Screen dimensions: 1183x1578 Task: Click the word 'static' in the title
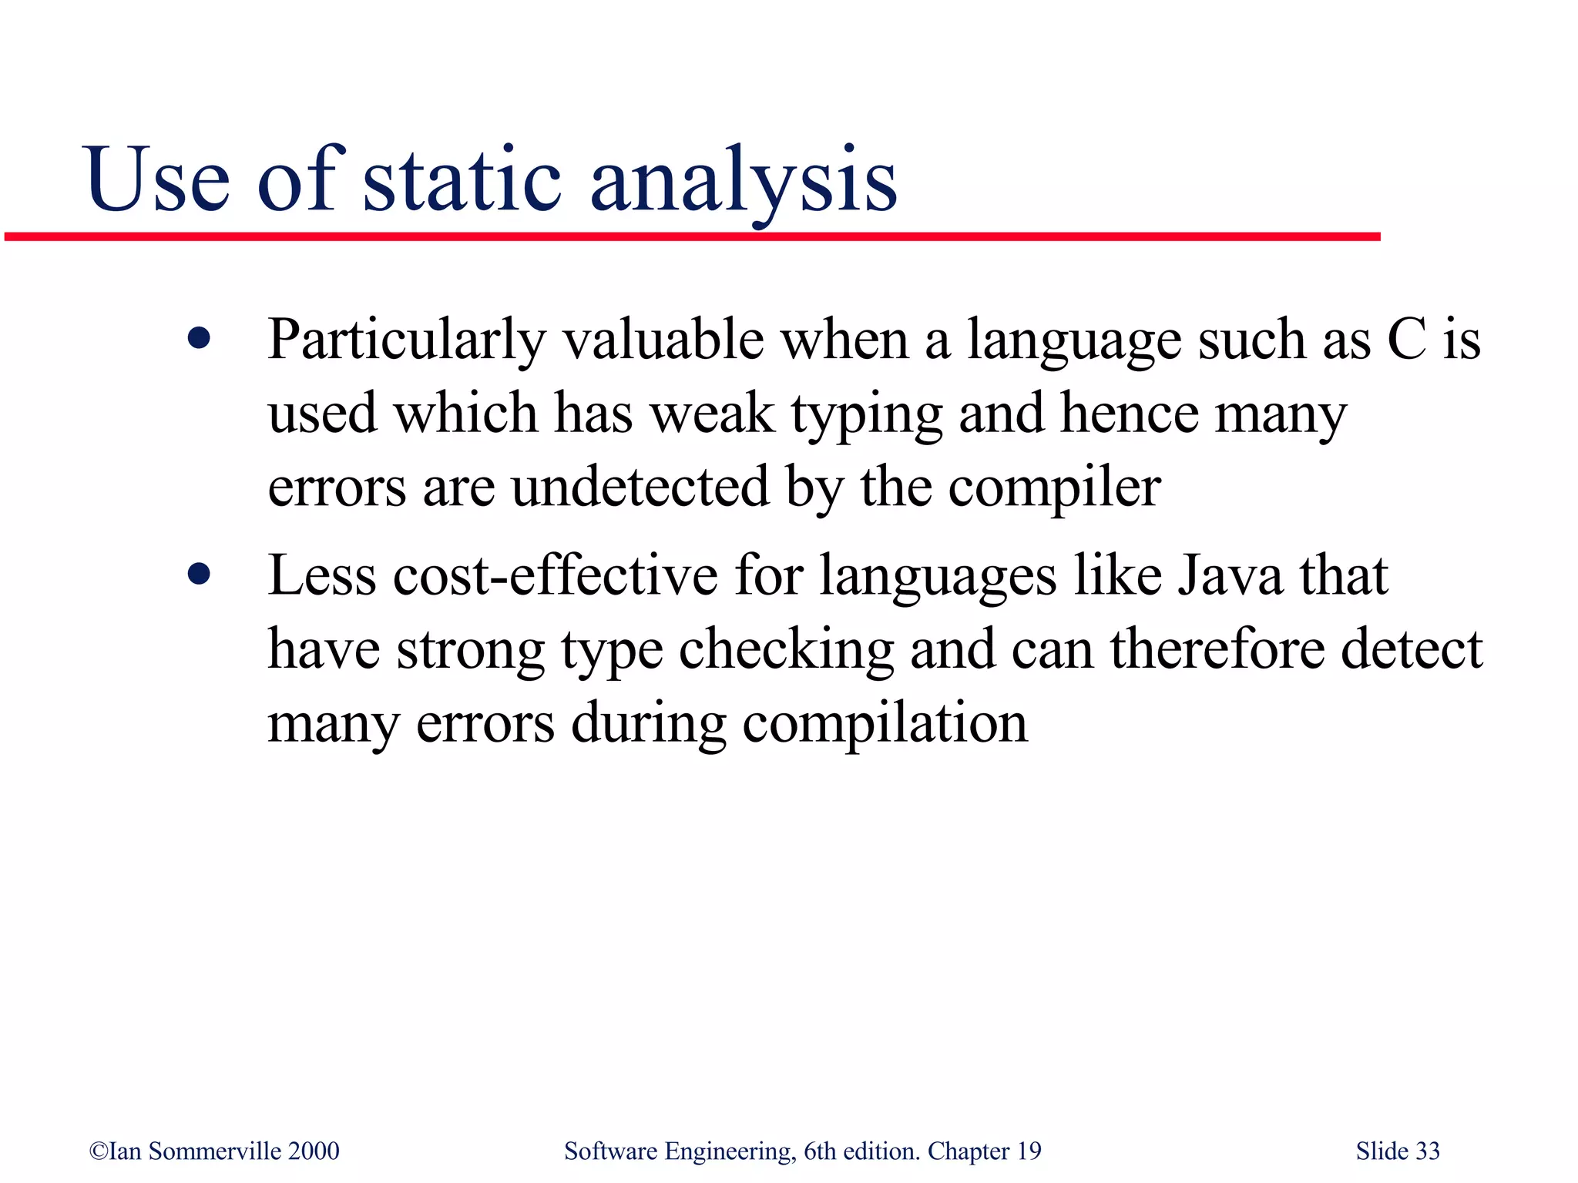click(462, 180)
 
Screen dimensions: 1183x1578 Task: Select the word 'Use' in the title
click(158, 180)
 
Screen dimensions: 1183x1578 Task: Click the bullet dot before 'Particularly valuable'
click(199, 339)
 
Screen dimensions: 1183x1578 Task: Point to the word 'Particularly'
click(406, 340)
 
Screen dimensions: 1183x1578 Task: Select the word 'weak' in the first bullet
click(712, 414)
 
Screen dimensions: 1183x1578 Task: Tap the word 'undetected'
click(640, 487)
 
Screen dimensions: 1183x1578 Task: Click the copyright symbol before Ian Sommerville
click(99, 1151)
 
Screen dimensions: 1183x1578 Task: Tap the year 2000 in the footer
click(314, 1151)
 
